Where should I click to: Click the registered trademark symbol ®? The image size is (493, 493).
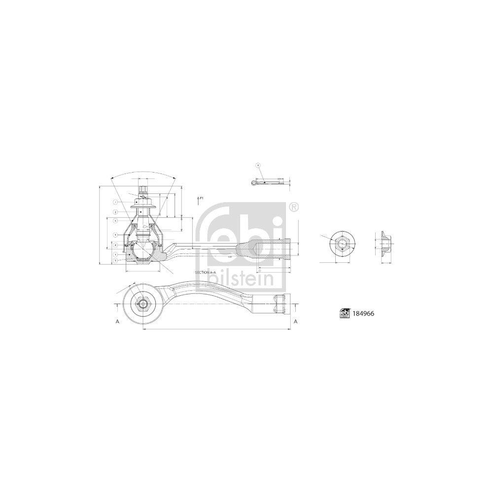[293, 207]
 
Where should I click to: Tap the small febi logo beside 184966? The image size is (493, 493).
[344, 313]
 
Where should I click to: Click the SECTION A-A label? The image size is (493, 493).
[206, 273]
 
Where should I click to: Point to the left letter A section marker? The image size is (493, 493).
[117, 321]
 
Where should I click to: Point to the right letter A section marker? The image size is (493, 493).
[295, 321]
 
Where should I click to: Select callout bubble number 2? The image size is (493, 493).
[115, 211]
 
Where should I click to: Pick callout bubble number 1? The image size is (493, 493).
[115, 202]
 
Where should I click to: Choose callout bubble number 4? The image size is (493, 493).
[115, 245]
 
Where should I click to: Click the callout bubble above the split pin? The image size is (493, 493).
[257, 165]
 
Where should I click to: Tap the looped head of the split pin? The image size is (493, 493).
[254, 183]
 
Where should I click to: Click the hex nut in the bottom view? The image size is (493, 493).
[142, 304]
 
